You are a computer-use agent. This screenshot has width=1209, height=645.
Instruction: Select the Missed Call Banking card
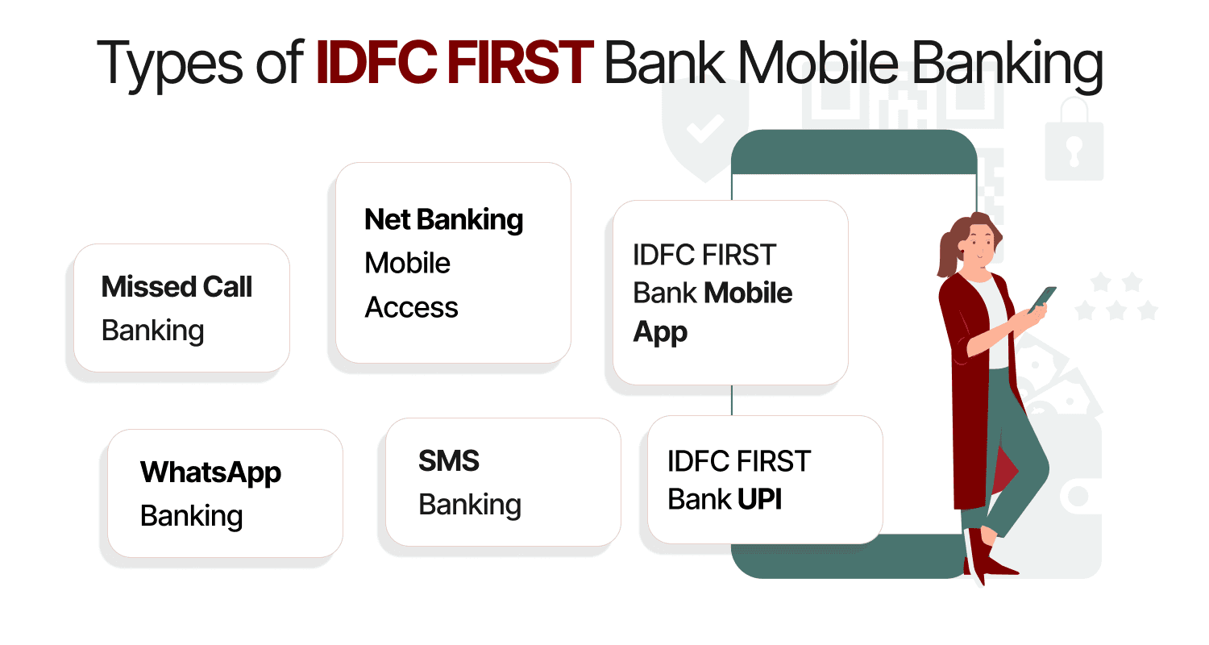point(181,308)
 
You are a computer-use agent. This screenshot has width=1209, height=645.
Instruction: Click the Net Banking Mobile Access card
point(453,263)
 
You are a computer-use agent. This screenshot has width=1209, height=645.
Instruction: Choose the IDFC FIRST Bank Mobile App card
point(730,292)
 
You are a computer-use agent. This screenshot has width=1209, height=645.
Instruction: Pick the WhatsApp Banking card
point(225,493)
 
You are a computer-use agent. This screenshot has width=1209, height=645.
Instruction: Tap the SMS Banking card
point(503,482)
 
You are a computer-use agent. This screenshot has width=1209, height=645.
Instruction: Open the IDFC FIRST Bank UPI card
point(765,480)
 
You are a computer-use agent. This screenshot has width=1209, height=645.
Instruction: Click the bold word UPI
point(759,500)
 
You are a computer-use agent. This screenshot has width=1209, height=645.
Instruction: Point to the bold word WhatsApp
point(210,472)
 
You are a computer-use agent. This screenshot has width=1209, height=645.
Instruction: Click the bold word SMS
point(449,461)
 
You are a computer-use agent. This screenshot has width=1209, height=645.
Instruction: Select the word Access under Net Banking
point(411,307)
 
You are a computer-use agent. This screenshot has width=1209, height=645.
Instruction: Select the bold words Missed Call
point(177,286)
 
